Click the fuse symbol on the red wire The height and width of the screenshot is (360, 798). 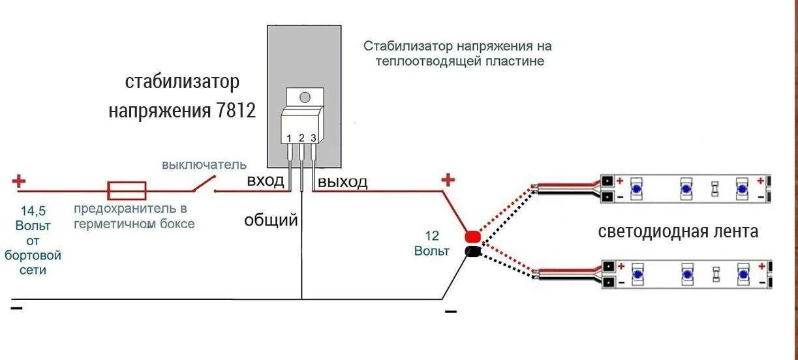[x=127, y=190]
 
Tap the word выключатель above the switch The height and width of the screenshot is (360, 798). [x=204, y=164]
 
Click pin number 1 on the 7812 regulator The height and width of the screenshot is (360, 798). [x=289, y=138]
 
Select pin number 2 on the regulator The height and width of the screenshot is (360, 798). [x=301, y=138]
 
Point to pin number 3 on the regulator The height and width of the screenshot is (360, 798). [x=313, y=138]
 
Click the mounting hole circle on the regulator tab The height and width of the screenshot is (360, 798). [x=304, y=98]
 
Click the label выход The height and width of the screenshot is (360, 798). [x=343, y=181]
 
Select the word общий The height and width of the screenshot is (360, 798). [x=271, y=220]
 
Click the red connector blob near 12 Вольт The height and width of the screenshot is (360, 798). [x=472, y=237]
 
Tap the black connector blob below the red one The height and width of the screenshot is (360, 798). [x=472, y=251]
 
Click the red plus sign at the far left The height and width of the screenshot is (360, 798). [x=19, y=180]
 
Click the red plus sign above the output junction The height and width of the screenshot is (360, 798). [x=448, y=179]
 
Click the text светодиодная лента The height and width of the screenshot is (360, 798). [x=678, y=232]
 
